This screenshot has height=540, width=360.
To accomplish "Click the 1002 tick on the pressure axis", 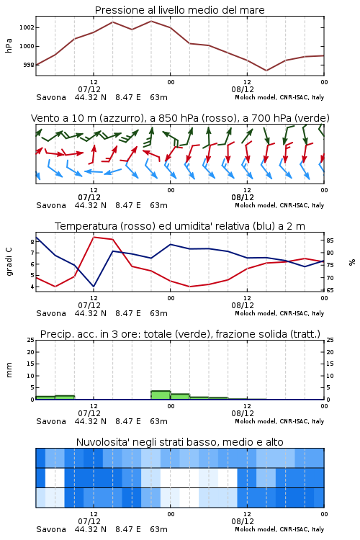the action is coord(27,27).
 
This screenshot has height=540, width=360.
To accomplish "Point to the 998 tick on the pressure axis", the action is coord(29,65).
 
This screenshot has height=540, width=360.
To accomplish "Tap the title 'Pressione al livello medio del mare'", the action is coord(180,10).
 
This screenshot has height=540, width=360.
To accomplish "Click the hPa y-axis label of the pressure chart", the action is coord(9,45).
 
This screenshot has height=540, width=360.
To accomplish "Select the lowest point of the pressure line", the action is coord(266,71).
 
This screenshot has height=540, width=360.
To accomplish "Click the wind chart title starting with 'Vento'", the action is coord(180,118).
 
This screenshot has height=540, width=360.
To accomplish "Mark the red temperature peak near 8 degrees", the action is coord(94,237).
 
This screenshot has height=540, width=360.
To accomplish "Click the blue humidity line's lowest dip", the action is coord(94,287).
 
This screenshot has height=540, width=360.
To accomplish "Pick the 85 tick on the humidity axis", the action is coord(330,240).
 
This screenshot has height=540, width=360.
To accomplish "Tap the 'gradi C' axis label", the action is coord(9,262).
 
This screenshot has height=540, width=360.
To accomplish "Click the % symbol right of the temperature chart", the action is coord(352,262).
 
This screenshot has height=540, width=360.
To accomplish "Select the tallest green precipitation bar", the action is coord(161,395).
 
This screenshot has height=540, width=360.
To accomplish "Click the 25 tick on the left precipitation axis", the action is coord(31,340).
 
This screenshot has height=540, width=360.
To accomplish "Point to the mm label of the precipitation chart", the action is coord(9,370).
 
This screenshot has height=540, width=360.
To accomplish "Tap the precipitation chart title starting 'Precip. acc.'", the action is coord(180,334).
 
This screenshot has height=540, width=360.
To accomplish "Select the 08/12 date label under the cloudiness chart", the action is coord(243,521).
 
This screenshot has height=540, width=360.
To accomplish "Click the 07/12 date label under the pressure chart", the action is coord(89,89).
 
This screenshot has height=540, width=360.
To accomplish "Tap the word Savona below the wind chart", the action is coord(51,205).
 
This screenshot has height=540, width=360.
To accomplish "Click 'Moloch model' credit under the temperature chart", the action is coord(256,313).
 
